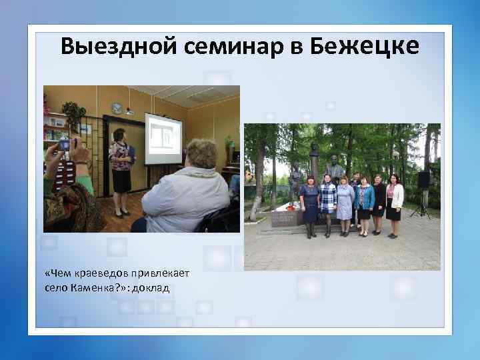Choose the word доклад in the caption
(x=153, y=288)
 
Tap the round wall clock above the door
(x=117, y=107)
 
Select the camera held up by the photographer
(x=65, y=145)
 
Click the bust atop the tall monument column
(x=315, y=149)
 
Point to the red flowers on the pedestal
(x=289, y=207)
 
